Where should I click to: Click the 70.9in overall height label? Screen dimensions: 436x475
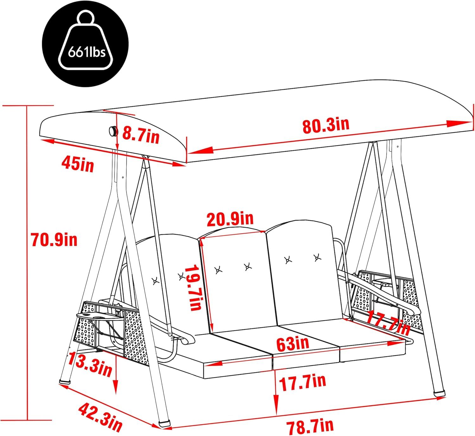(54, 239)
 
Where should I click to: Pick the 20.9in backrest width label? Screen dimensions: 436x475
(230, 219)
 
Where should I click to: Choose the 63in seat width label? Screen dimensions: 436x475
(292, 344)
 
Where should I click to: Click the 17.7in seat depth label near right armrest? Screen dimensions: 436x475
(388, 322)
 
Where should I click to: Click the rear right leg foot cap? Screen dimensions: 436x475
(439, 393)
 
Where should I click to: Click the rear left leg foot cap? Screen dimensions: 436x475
(65, 381)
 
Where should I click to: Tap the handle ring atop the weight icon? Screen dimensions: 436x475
(86, 17)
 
